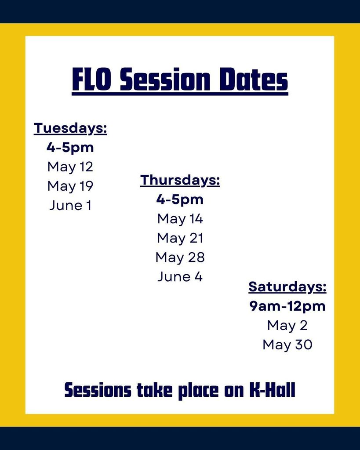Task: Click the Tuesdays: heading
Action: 70,128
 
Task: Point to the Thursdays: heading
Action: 180,180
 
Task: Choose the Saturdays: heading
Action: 287,287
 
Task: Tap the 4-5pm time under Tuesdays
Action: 70,148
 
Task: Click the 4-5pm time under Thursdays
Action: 180,200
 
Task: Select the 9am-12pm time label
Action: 287,306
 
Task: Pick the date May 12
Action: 70,167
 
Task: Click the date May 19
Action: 70,186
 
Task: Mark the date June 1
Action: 70,205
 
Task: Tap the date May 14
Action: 180,219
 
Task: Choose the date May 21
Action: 180,238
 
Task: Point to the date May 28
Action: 180,257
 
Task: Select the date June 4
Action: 180,276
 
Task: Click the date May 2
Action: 287,326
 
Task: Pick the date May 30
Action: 287,345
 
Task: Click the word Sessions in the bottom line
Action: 98,390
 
